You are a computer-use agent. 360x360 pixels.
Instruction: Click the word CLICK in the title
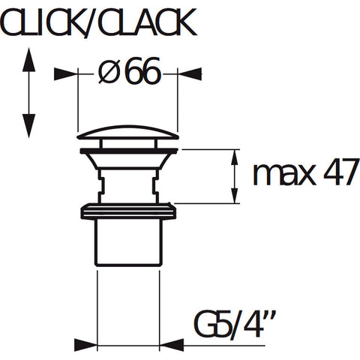42,23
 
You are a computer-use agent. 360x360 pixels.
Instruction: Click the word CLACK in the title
148,23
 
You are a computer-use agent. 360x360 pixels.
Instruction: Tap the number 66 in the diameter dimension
143,71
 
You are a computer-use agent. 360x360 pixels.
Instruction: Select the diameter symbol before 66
108,72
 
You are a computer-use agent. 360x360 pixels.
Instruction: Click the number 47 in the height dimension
341,172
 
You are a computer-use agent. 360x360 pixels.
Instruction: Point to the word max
284,175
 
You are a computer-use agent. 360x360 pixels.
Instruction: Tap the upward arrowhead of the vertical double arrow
28,60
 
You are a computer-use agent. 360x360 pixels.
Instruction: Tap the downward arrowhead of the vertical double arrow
28,125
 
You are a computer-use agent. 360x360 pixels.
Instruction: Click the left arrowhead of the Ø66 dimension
65,74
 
